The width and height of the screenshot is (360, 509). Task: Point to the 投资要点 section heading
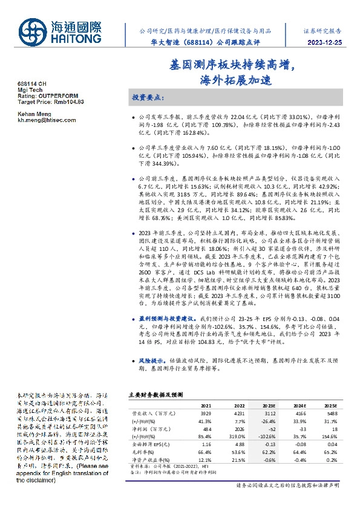click(x=148, y=97)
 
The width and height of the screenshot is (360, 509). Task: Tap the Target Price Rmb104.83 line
click(x=51, y=102)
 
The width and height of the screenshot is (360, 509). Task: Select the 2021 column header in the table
click(x=206, y=406)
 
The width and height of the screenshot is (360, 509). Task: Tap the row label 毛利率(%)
click(x=142, y=450)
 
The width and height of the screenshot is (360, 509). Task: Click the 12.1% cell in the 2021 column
click(x=206, y=458)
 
